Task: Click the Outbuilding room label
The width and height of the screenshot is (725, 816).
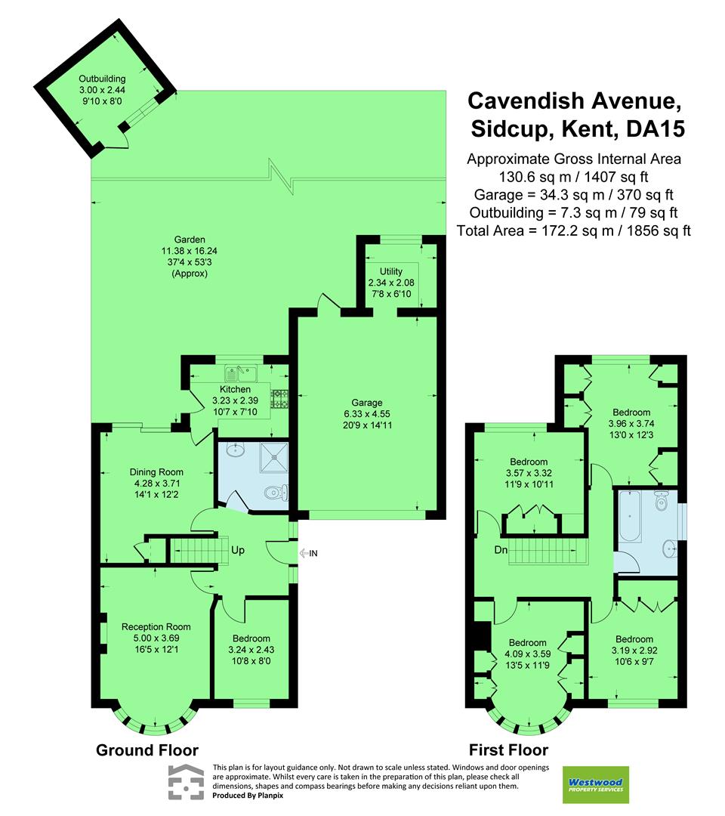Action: [102, 79]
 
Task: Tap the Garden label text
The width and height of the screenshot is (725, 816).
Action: [190, 240]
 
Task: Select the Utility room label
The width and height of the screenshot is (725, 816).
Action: [391, 271]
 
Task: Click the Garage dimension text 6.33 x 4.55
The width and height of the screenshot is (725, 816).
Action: [367, 414]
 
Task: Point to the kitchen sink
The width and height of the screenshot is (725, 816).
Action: [241, 373]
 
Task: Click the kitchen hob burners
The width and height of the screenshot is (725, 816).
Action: [280, 399]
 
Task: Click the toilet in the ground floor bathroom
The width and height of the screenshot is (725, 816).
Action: [276, 492]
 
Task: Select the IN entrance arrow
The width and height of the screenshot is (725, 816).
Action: [304, 553]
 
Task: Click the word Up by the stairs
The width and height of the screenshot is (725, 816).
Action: [238, 550]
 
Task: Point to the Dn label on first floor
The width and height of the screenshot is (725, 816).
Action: [501, 549]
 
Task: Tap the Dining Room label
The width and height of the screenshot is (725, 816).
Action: [156, 472]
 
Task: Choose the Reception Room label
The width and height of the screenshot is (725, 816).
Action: [156, 626]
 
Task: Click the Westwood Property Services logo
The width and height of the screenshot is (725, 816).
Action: [596, 785]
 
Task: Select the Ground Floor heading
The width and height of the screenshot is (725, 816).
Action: [147, 750]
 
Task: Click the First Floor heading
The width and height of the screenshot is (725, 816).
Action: [509, 750]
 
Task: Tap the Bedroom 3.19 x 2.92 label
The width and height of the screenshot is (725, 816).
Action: [634, 639]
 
